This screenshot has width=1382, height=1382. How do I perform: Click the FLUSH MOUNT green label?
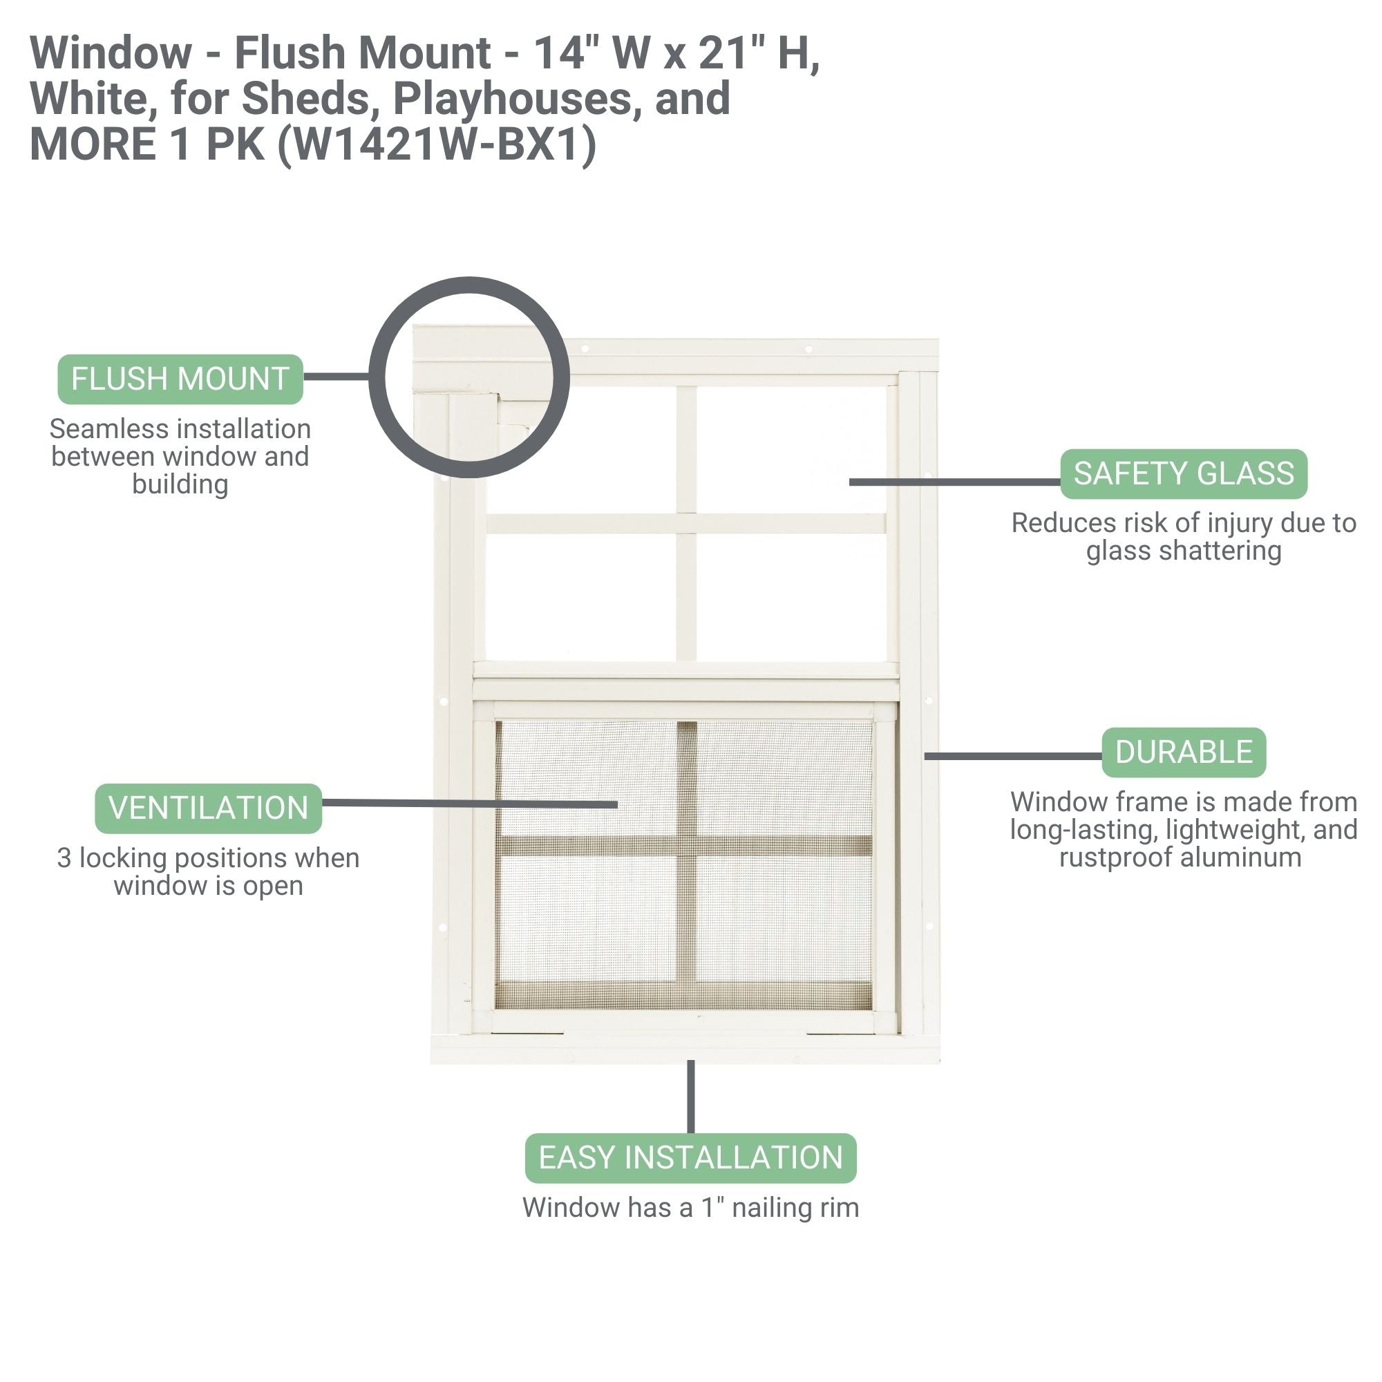pos(180,379)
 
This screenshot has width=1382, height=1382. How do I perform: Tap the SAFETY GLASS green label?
pos(1183,473)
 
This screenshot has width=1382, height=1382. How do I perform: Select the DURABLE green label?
pos(1183,752)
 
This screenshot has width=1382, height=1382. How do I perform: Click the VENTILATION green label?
pos(208,808)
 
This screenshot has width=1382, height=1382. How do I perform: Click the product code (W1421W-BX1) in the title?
pos(436,144)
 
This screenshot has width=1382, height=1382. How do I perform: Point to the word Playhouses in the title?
pos(512,99)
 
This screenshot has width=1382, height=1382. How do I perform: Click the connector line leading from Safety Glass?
pos(955,482)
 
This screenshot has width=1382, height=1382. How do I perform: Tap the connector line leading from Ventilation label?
pos(468,804)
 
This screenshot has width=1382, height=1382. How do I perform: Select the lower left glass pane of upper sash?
pos(581,597)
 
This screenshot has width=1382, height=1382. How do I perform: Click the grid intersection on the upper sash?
pos(686,523)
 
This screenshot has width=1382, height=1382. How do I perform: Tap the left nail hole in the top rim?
pos(585,349)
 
